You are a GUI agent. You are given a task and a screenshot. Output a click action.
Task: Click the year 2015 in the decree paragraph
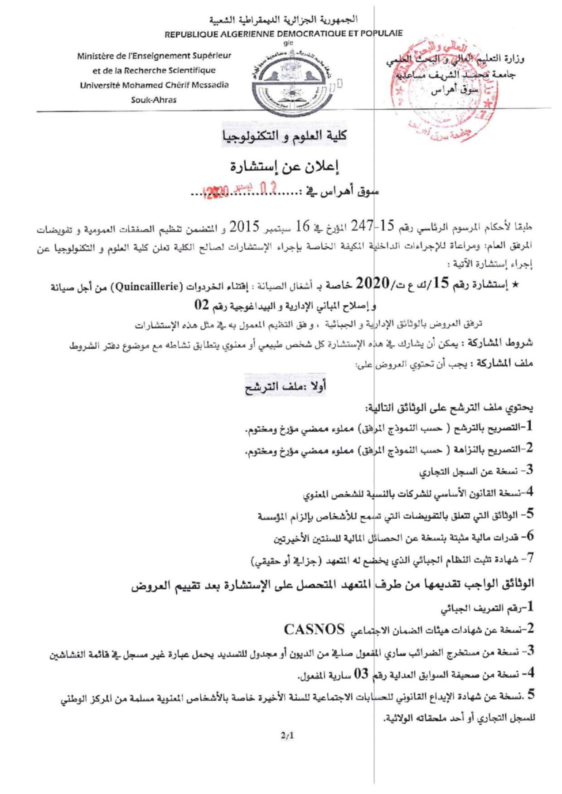click(245, 225)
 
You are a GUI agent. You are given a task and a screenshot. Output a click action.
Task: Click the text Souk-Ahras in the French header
click(154, 100)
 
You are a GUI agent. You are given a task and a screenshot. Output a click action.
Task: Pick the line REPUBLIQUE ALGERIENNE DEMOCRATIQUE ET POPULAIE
click(283, 33)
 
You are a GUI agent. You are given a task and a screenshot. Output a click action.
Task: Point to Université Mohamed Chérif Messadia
click(154, 85)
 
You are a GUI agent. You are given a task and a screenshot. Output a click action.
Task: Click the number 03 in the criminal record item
click(361, 674)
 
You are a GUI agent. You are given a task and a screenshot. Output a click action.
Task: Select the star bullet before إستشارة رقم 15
click(527, 286)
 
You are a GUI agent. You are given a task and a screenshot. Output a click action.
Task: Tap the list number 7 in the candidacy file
click(528, 558)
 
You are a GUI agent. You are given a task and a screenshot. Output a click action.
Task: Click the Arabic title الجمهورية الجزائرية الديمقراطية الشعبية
click(283, 20)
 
